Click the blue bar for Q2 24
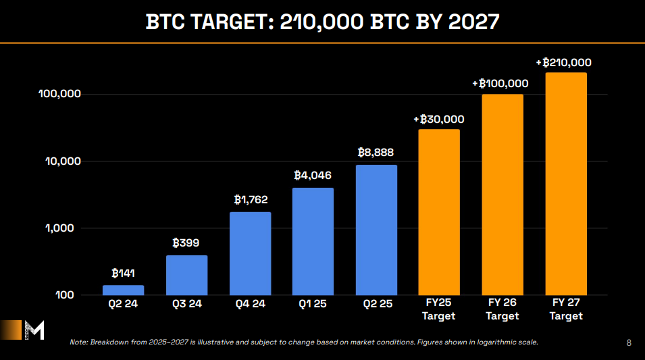coord(123,290)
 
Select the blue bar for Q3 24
coord(186,276)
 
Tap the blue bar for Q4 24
coord(250,254)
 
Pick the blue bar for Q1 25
coord(313,242)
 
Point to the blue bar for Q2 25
coord(376,230)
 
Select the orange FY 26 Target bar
coord(502,195)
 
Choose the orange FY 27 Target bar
coord(566,184)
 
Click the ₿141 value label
coord(124,274)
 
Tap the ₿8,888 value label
coord(376,153)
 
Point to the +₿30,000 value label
coord(439,119)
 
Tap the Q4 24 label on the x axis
coord(250,304)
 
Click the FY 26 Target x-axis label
coord(502,309)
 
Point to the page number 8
coord(629,342)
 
